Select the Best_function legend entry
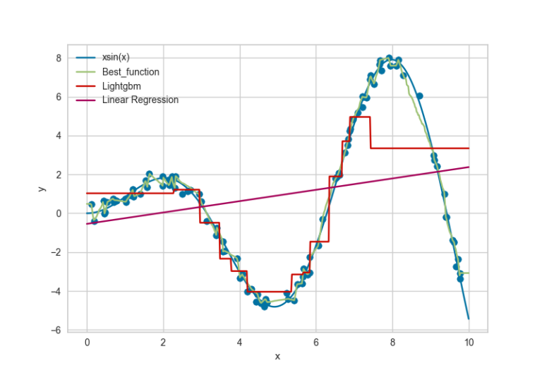130,72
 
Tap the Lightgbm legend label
122,86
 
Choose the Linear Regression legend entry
140,100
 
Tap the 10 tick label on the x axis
469,343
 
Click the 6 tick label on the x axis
316,343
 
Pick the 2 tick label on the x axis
163,343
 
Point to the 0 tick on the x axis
87,343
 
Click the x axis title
277,356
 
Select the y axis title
42,189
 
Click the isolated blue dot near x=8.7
419,95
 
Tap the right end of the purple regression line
469,167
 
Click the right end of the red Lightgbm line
469,148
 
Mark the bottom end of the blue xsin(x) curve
469,318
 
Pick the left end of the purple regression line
88,224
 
